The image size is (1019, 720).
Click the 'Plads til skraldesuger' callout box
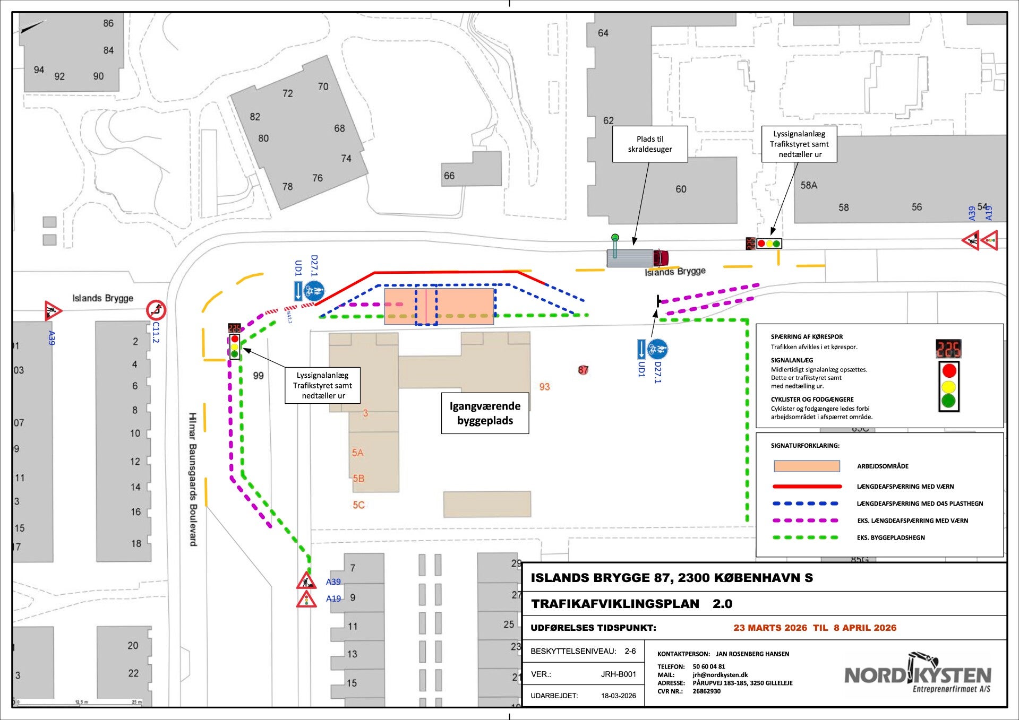pyautogui.click(x=649, y=144)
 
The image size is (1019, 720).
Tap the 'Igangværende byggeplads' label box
pyautogui.click(x=485, y=413)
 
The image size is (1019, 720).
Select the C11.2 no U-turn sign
pyautogui.click(x=156, y=309)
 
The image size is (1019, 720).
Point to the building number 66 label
pyautogui.click(x=449, y=176)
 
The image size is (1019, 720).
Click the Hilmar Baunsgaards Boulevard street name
pyautogui.click(x=192, y=479)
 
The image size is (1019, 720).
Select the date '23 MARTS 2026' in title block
pyautogui.click(x=770, y=628)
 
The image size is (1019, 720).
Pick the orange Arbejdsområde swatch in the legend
pyautogui.click(x=807, y=466)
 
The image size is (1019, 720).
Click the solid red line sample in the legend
pyautogui.click(x=807, y=486)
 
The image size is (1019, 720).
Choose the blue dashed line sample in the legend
pyautogui.click(x=807, y=504)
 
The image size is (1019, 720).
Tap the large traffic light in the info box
pyautogui.click(x=949, y=386)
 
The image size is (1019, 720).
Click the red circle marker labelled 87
pyautogui.click(x=583, y=370)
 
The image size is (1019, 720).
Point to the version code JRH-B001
pyautogui.click(x=618, y=674)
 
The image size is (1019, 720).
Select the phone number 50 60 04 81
pyautogui.click(x=708, y=666)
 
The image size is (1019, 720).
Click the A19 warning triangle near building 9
pyautogui.click(x=306, y=599)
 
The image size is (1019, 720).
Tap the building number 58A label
pyautogui.click(x=809, y=185)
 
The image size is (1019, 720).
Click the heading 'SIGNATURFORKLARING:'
pyautogui.click(x=805, y=446)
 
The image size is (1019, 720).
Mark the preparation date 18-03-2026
pyautogui.click(x=618, y=696)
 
